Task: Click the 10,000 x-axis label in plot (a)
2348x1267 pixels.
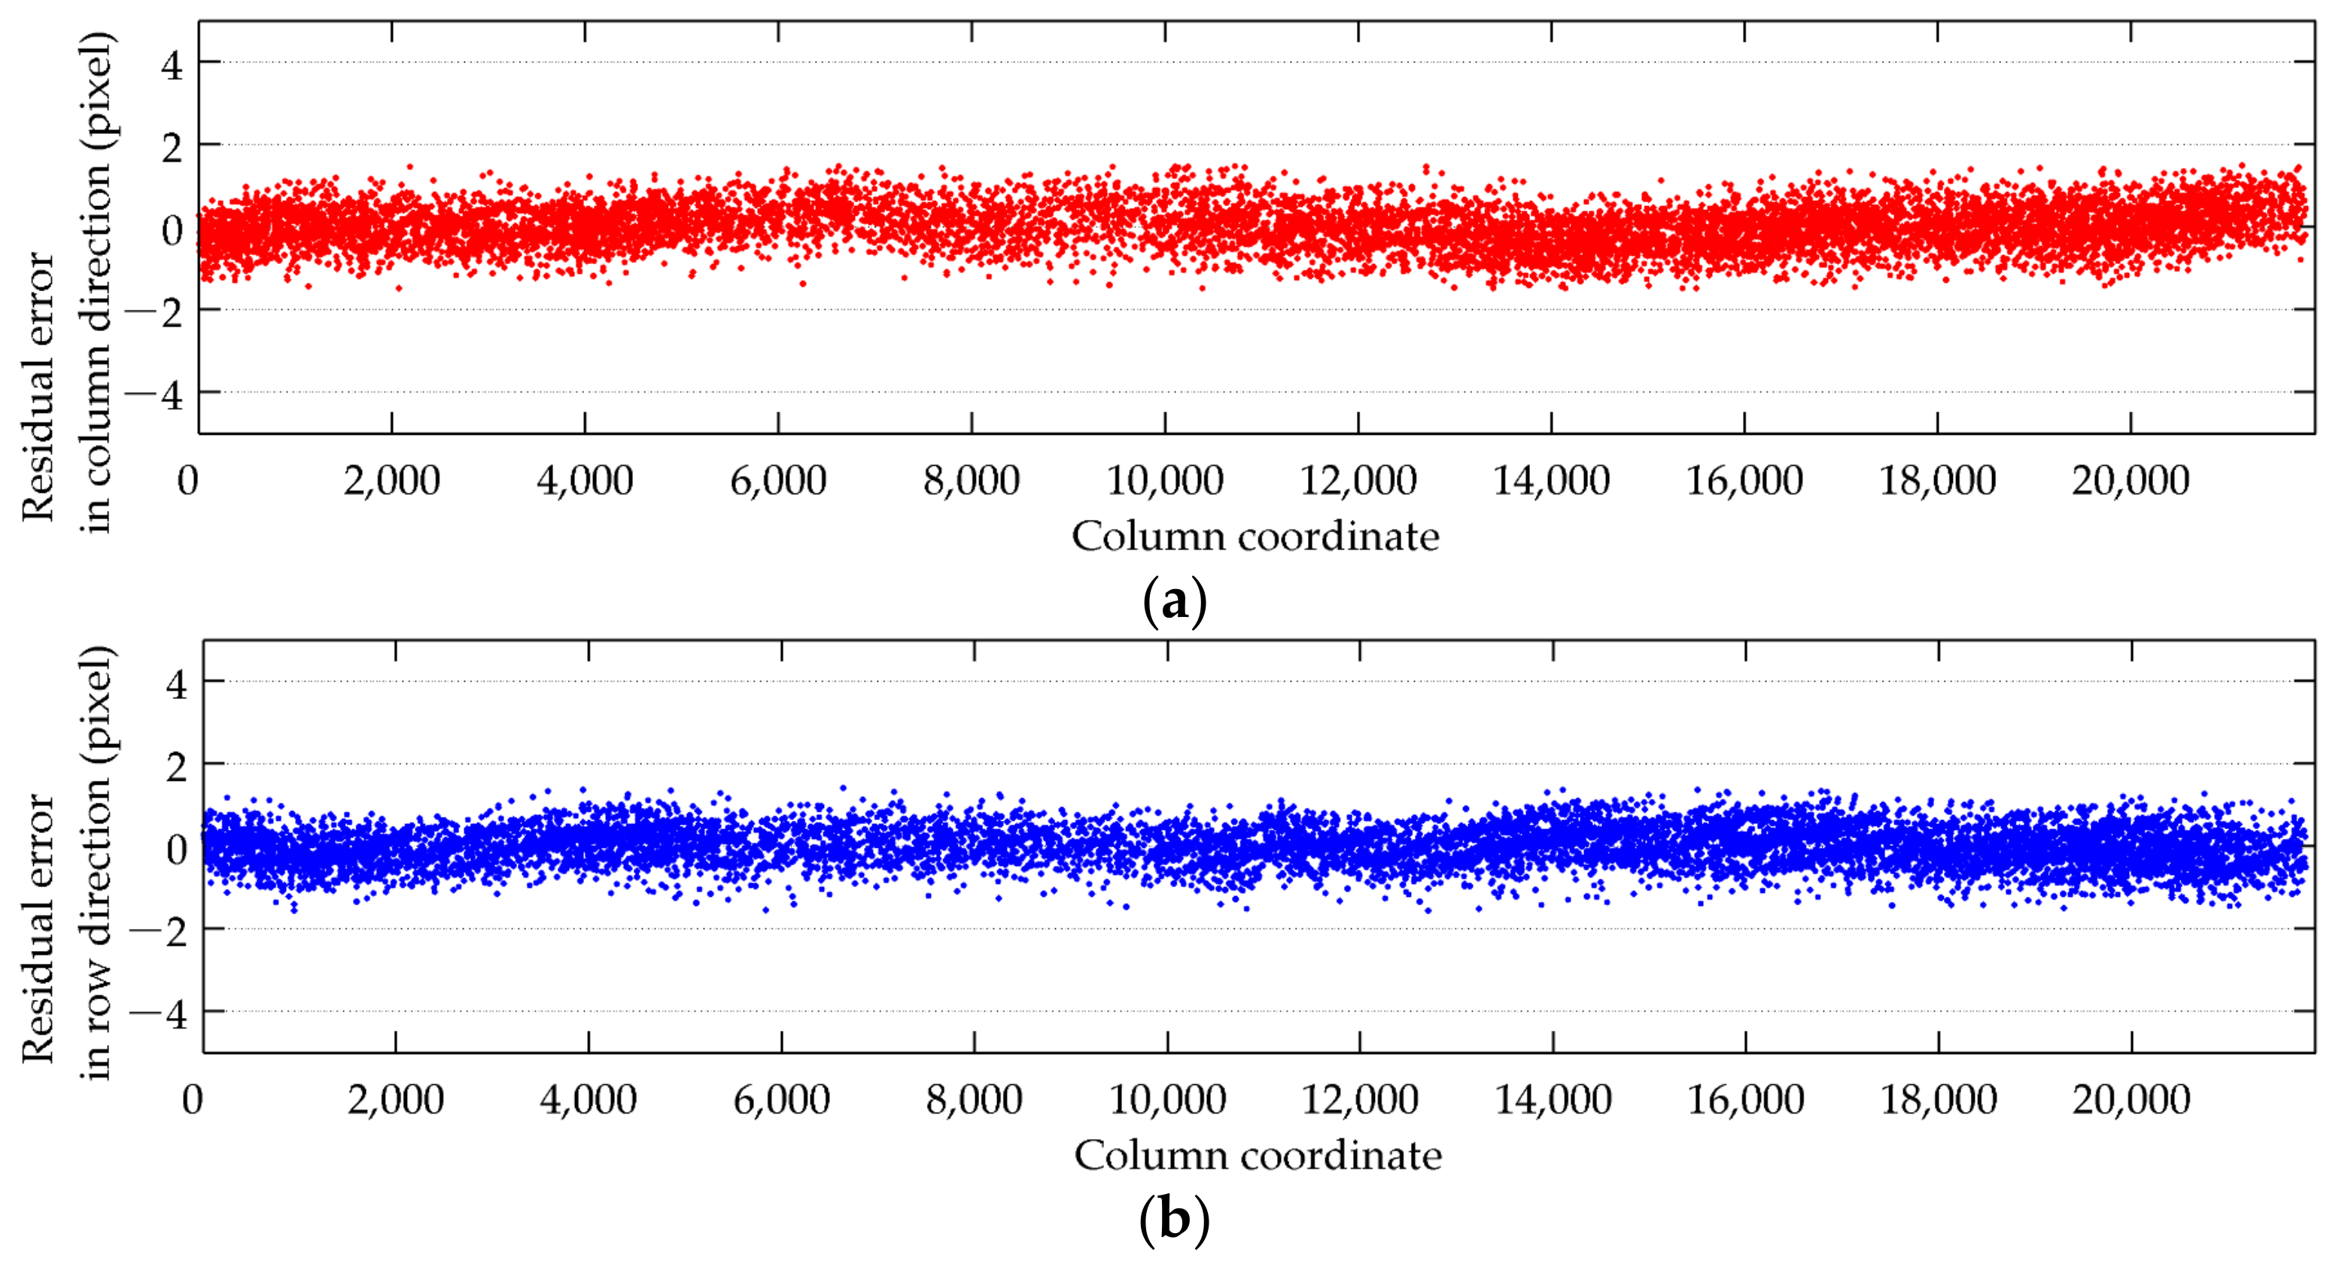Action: point(1164,480)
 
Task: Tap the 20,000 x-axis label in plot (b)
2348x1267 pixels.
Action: point(2131,1099)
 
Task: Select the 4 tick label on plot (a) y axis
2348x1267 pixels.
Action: point(172,65)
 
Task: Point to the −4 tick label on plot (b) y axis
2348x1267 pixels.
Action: point(160,1013)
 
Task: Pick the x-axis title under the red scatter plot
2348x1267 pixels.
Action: point(1255,536)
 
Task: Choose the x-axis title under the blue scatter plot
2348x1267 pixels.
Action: point(1257,1156)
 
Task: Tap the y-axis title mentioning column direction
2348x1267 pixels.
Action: point(68,283)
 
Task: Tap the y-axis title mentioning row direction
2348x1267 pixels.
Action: point(68,861)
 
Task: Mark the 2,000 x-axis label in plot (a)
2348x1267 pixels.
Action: point(391,480)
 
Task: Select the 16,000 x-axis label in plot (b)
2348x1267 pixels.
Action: point(1745,1099)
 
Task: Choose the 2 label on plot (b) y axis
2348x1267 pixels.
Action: point(176,767)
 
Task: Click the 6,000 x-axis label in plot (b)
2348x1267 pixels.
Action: point(781,1099)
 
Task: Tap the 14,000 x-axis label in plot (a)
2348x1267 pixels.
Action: point(1550,480)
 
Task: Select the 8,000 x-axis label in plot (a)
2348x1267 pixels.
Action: point(971,480)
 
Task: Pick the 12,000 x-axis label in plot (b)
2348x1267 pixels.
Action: point(1359,1099)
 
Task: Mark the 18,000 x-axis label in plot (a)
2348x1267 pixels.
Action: point(1937,480)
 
